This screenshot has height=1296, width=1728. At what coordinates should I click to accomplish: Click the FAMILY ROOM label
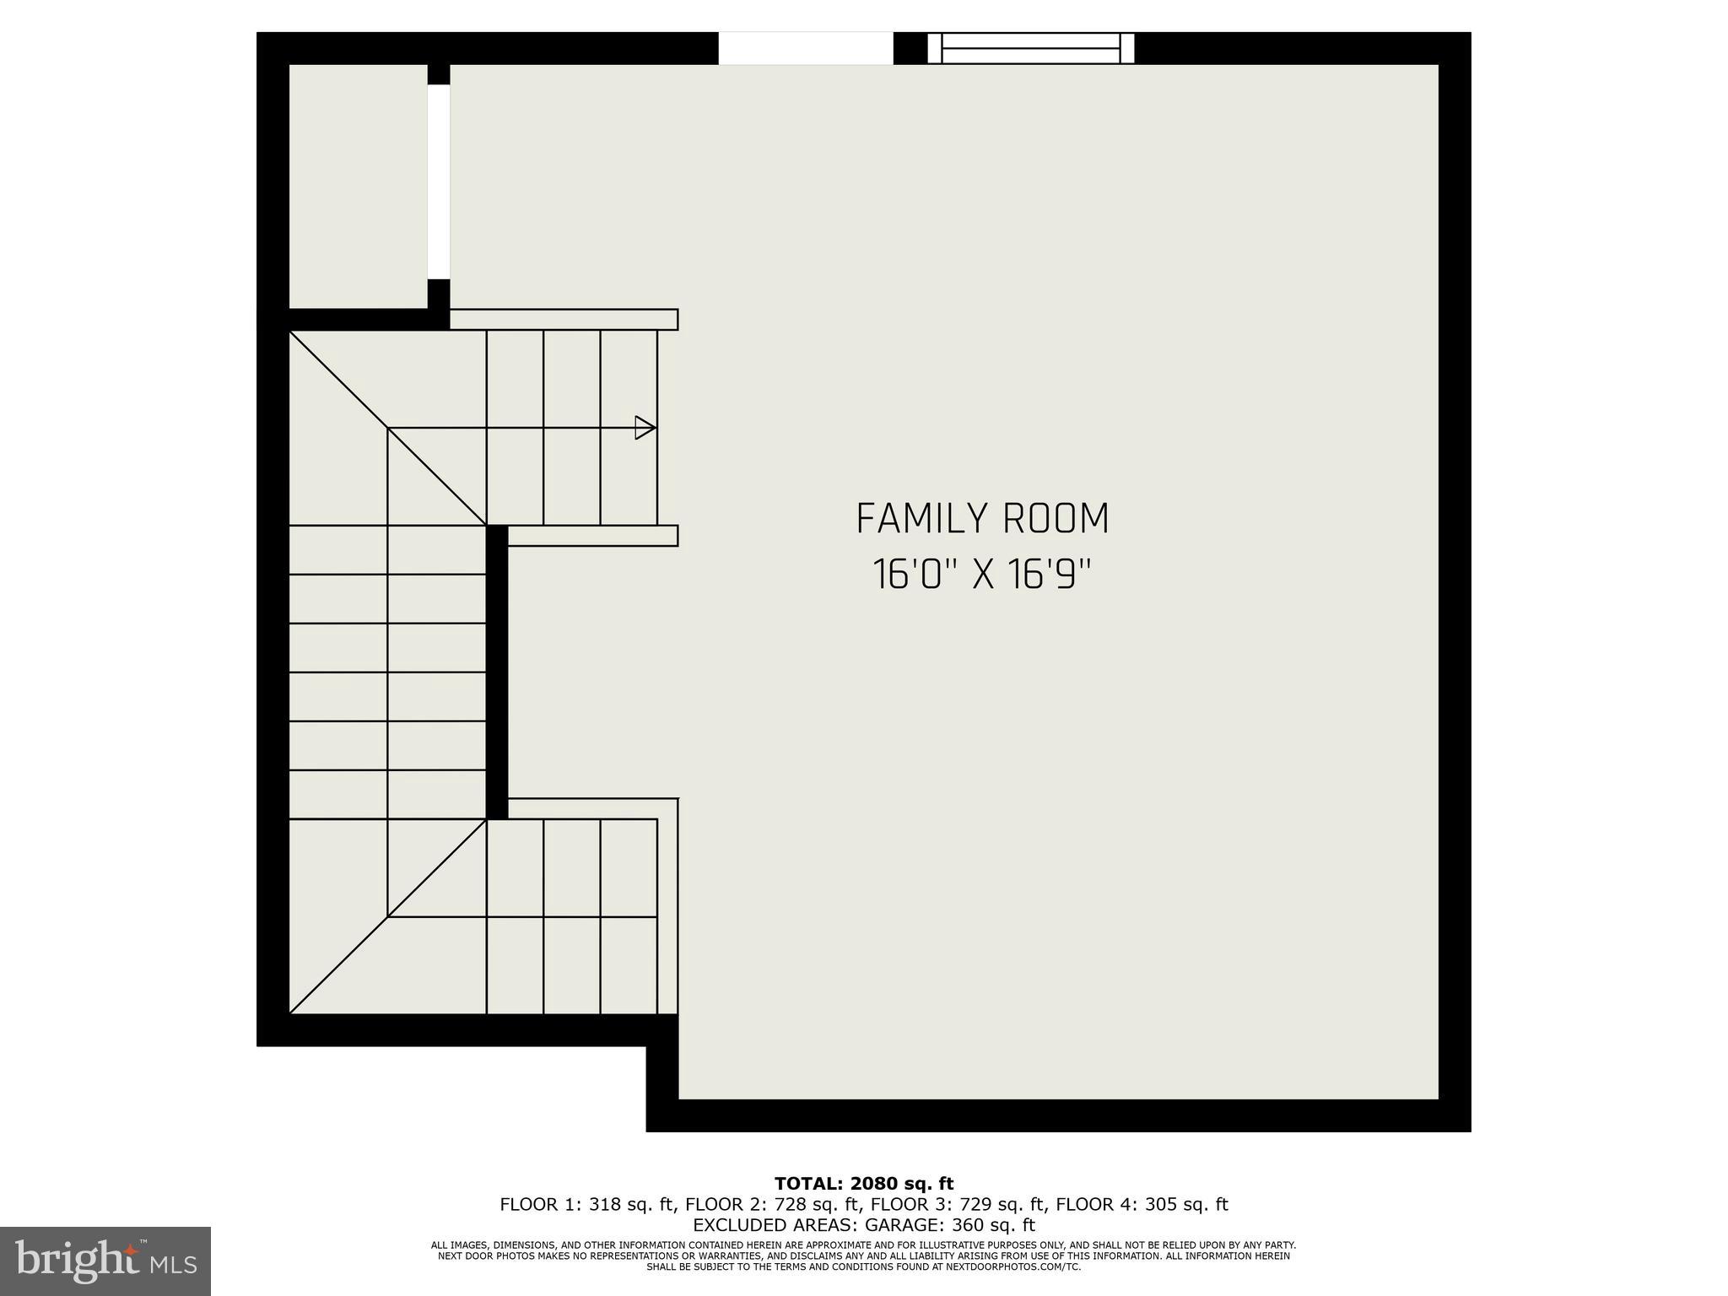click(x=982, y=519)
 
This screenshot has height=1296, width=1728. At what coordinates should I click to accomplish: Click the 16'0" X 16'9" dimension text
click(x=982, y=575)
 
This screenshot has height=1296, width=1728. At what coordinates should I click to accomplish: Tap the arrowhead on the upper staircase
click(x=645, y=428)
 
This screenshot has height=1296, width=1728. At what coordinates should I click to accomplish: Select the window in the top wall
click(x=1030, y=48)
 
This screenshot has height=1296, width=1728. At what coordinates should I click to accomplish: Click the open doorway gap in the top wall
click(x=805, y=48)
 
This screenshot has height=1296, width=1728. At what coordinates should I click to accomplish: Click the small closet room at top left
click(x=358, y=186)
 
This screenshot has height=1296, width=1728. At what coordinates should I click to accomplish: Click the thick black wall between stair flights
click(x=497, y=672)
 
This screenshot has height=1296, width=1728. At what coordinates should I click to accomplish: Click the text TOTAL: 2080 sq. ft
click(x=863, y=1184)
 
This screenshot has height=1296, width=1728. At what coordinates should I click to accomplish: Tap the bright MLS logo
click(x=105, y=1261)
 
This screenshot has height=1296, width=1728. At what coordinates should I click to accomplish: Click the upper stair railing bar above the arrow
click(x=564, y=320)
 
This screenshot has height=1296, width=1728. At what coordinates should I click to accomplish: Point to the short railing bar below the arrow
click(x=592, y=536)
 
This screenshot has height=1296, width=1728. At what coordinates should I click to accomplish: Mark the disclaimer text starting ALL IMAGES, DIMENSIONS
click(x=863, y=1245)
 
